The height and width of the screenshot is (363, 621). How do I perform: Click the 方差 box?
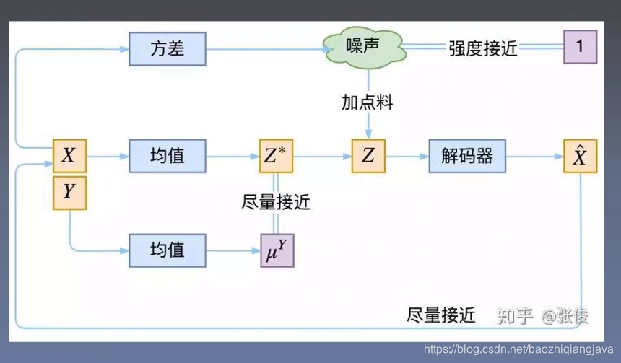[x=168, y=48]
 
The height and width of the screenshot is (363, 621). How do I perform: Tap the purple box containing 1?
[x=580, y=48]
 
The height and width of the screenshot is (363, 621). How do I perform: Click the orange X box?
[x=69, y=155]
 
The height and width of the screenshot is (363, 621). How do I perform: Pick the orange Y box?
[x=69, y=192]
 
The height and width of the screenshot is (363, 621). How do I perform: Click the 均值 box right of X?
[x=168, y=155]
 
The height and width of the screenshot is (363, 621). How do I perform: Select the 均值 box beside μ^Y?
[x=168, y=250]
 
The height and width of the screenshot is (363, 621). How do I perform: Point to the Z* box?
[x=277, y=155]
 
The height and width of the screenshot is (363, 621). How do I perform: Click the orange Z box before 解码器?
[x=368, y=155]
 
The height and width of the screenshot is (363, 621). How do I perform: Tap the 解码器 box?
[x=466, y=155]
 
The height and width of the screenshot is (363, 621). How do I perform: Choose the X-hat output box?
[x=580, y=155]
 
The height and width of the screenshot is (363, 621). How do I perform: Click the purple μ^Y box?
[x=277, y=250]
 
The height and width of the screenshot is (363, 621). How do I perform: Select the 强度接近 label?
[x=483, y=48]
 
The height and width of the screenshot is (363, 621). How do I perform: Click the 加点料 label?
[x=368, y=102]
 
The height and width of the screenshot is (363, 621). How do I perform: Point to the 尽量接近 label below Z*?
[x=276, y=202]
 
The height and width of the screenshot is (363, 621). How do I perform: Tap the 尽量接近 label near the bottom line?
[x=441, y=315]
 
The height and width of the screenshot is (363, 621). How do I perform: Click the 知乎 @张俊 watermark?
[x=542, y=315]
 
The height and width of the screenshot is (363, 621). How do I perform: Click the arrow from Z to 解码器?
[x=407, y=155]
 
